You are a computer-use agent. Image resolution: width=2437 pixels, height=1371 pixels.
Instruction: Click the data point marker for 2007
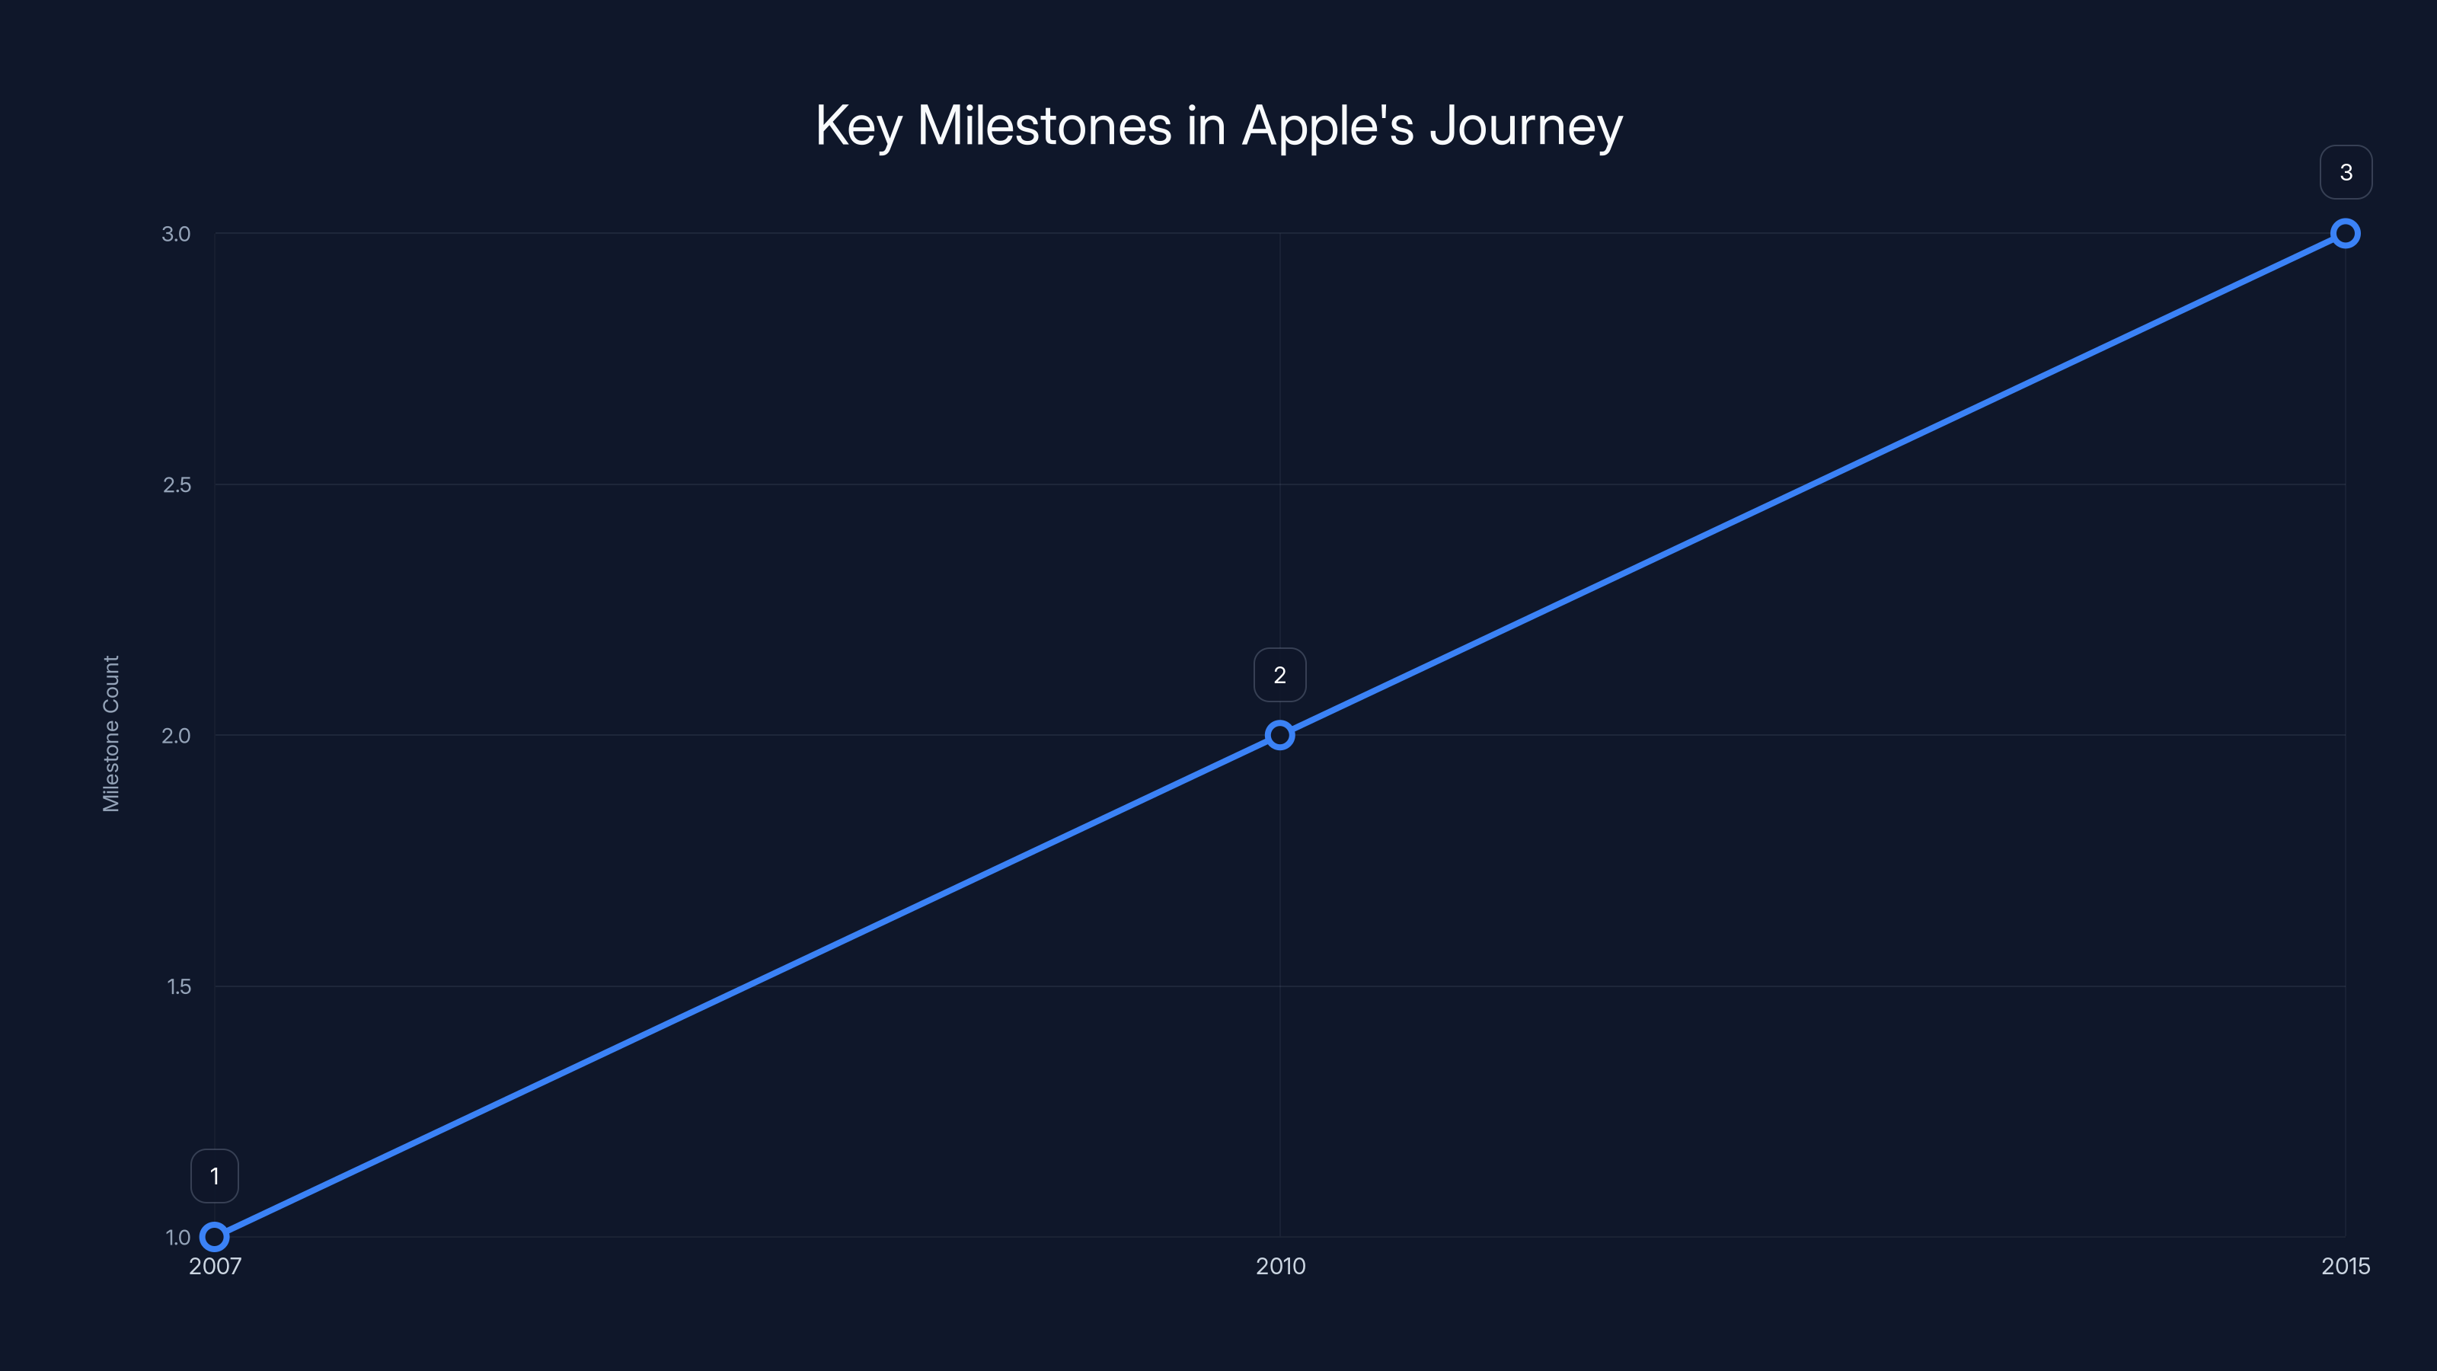point(215,1237)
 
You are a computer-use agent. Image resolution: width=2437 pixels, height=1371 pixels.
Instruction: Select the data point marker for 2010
point(1280,735)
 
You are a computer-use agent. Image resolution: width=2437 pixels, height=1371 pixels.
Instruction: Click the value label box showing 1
point(215,1176)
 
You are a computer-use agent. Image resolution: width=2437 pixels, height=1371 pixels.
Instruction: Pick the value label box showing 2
point(1280,675)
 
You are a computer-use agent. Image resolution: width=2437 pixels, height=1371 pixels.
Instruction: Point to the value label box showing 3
point(2346,172)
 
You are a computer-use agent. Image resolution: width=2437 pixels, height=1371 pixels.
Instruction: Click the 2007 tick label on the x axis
point(215,1266)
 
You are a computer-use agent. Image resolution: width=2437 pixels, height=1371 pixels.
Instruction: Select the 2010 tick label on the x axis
point(1280,1266)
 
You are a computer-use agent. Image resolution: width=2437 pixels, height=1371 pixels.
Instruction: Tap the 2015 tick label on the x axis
point(2346,1266)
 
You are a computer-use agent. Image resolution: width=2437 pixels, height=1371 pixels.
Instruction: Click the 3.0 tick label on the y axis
point(176,234)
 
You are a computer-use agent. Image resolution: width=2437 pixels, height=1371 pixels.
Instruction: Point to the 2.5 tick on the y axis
point(176,484)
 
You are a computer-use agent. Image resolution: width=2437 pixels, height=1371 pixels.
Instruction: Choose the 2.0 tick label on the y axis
point(176,735)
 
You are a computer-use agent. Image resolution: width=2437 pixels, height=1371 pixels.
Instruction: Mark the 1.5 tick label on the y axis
point(178,986)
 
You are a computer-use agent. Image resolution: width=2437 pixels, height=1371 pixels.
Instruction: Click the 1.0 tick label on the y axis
point(178,1237)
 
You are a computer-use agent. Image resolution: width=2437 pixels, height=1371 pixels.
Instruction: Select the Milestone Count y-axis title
point(110,733)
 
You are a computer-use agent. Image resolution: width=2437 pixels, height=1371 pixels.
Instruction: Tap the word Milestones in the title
point(1044,126)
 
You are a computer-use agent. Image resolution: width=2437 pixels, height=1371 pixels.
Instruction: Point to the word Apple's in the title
point(1327,126)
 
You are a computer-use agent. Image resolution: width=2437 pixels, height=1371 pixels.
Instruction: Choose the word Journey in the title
point(1526,126)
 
